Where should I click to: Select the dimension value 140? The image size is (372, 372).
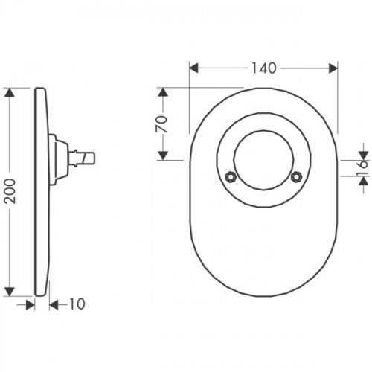pos(264,68)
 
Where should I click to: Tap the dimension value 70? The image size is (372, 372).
pos(160,123)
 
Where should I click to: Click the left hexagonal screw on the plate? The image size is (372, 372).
pos(230,177)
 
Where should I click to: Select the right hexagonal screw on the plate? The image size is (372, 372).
pos(297,177)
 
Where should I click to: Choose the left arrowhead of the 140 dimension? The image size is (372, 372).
pos(194,68)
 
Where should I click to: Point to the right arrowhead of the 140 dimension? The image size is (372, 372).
pos(334,68)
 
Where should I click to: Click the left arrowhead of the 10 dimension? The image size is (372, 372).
pos(31,303)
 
